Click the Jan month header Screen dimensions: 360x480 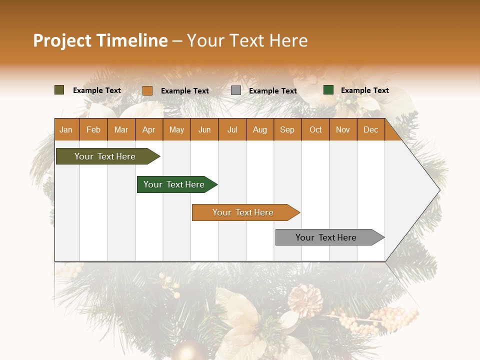click(66, 130)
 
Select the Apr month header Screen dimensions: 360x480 click(148, 130)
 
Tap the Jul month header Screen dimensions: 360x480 click(232, 130)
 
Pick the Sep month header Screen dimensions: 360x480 click(287, 130)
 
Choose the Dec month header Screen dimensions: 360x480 click(370, 130)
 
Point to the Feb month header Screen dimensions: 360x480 click(93, 130)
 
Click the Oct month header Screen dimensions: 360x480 click(315, 130)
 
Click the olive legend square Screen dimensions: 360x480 click(59, 90)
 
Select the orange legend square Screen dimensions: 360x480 click(147, 90)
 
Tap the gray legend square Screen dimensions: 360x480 click(236, 90)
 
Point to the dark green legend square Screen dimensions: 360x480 click(328, 90)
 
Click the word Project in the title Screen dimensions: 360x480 click(62, 40)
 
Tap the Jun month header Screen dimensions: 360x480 click(204, 130)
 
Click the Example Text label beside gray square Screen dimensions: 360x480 click(273, 91)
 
